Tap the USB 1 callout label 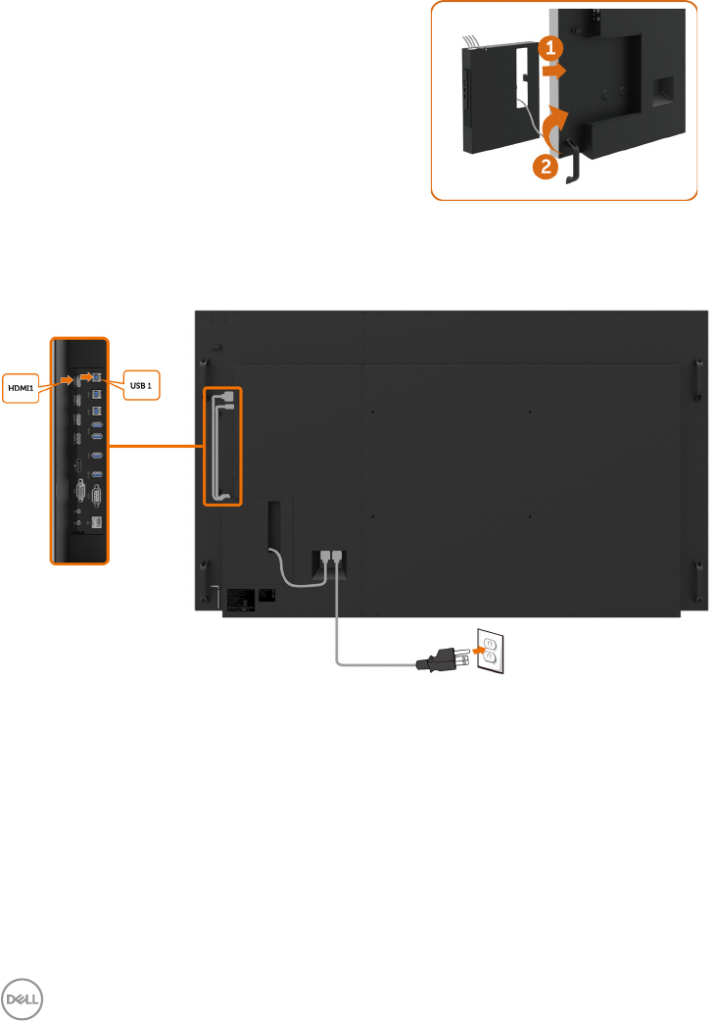(x=139, y=386)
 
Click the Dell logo (x=23, y=997)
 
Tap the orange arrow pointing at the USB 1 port (x=86, y=376)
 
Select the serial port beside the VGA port (x=96, y=495)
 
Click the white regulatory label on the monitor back (x=241, y=597)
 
